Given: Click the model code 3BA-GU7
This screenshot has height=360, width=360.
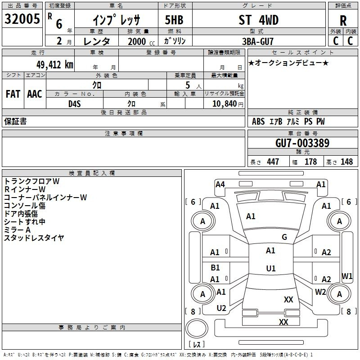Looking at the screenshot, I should tap(257, 41).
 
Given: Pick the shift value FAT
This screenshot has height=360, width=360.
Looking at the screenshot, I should tap(13, 94).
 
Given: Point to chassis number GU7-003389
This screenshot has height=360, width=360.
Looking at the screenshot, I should tap(302, 144).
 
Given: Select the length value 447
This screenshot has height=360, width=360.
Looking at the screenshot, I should tap(273, 162).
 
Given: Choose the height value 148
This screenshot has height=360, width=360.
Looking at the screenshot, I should tap(346, 162).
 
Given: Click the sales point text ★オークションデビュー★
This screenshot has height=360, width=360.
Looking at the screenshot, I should tap(288, 63).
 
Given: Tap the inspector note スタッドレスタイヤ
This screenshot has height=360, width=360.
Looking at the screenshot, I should tap(34, 238).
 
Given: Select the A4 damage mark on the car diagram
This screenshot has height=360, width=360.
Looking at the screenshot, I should tap(220, 184).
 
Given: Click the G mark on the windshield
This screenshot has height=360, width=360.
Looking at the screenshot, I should tap(284, 237).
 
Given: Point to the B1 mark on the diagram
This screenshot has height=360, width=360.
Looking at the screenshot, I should tap(216, 268).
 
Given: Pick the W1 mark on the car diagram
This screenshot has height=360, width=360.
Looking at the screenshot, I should tap(347, 276).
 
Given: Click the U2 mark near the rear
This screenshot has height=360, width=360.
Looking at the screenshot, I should tap(221, 308).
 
